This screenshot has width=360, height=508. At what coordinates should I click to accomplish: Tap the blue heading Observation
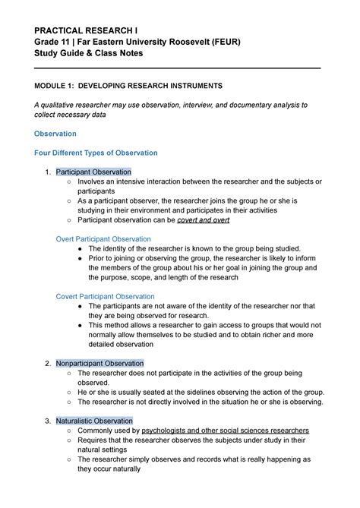tap(55, 134)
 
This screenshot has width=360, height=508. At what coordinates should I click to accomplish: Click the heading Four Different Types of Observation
tap(96, 153)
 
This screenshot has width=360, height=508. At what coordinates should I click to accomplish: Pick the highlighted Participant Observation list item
tap(93, 172)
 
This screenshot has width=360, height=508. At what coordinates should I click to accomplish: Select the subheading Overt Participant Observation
tap(104, 238)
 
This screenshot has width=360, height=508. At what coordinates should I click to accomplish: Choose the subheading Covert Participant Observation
tap(106, 296)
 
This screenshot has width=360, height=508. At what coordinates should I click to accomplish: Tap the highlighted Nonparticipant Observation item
tap(99, 363)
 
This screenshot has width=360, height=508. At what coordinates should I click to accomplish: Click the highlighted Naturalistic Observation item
tap(94, 421)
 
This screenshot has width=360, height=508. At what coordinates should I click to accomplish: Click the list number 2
tap(48, 363)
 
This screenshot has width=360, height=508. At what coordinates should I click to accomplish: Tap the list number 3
tap(48, 421)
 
